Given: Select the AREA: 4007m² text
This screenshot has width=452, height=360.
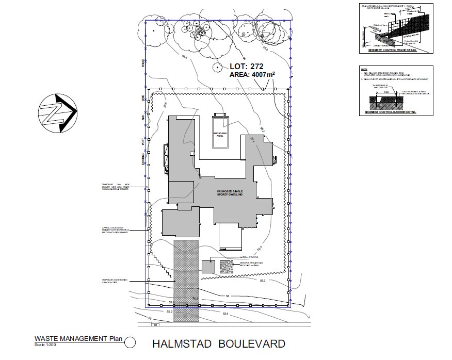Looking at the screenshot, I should [x=252, y=75].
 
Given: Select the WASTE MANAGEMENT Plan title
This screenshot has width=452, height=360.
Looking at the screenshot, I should [x=77, y=339].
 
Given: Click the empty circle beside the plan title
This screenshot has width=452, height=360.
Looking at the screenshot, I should [x=130, y=341].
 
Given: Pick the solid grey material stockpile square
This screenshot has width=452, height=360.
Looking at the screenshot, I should [x=208, y=266].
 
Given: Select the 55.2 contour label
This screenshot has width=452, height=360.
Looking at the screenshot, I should [x=169, y=312].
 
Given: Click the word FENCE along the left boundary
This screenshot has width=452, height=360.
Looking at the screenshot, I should [x=143, y=63].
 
